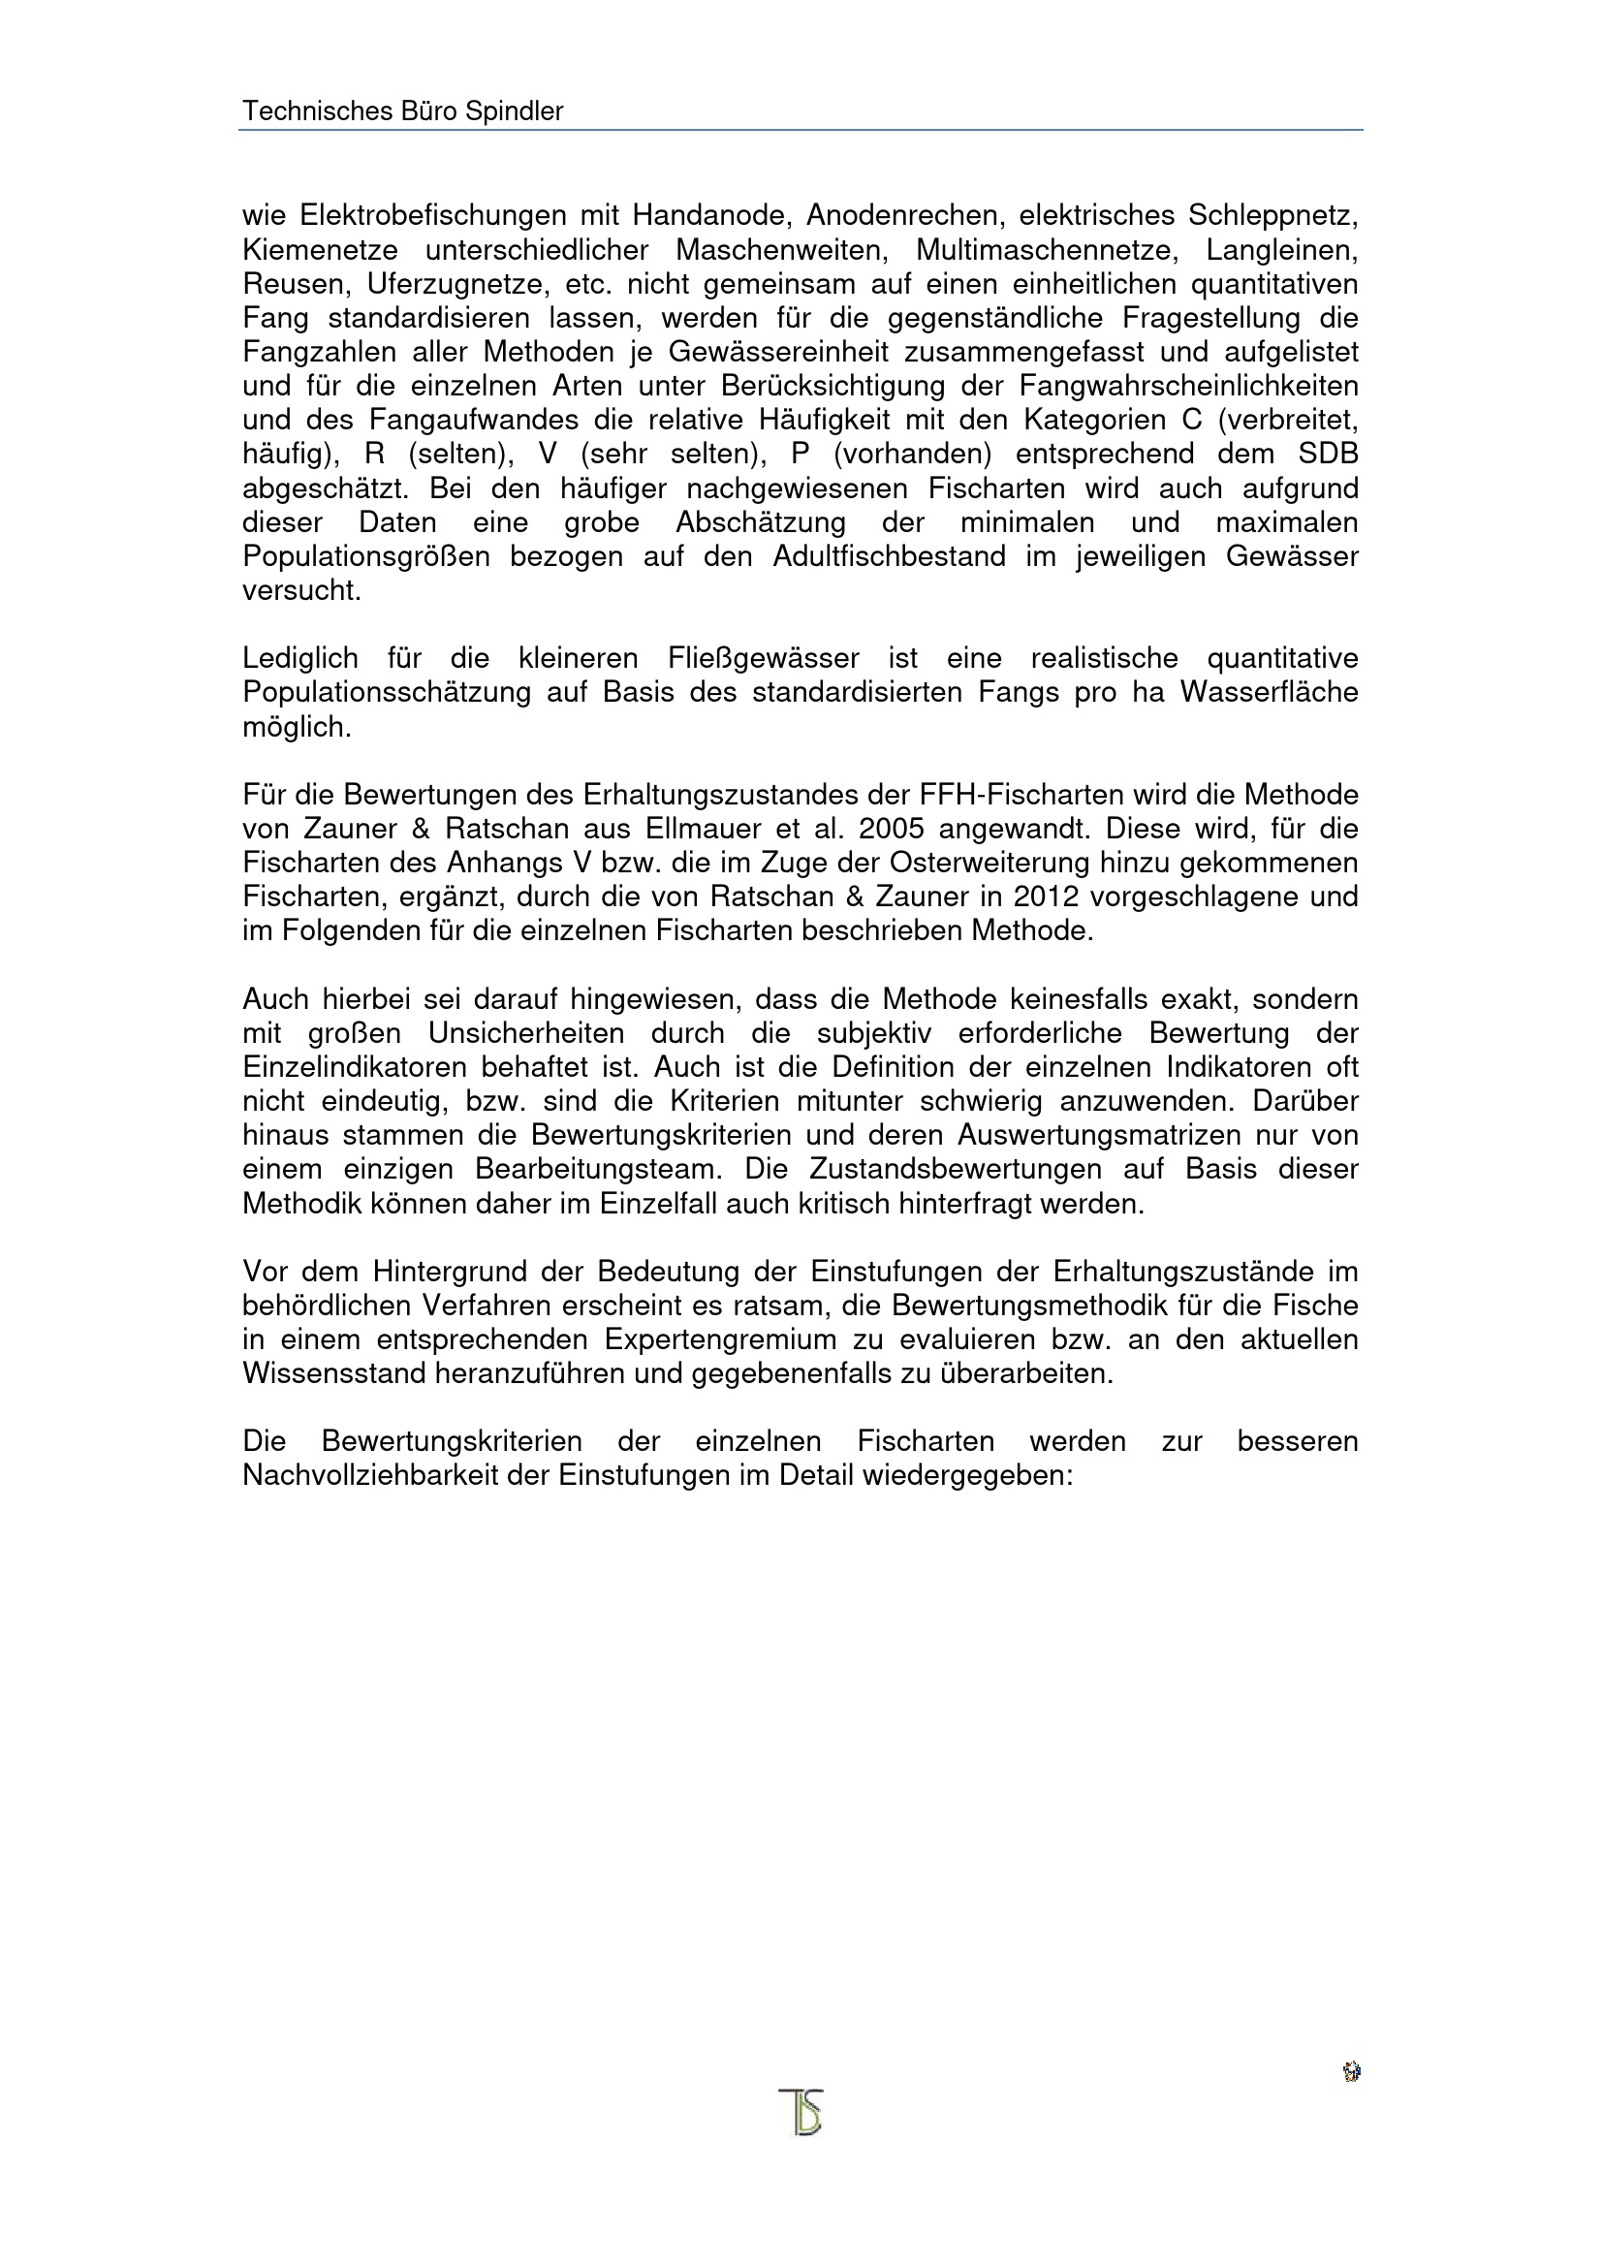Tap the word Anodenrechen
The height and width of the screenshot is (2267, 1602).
click(902, 215)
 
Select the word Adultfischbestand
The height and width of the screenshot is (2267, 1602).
click(889, 557)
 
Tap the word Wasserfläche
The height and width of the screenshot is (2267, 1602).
click(1270, 692)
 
